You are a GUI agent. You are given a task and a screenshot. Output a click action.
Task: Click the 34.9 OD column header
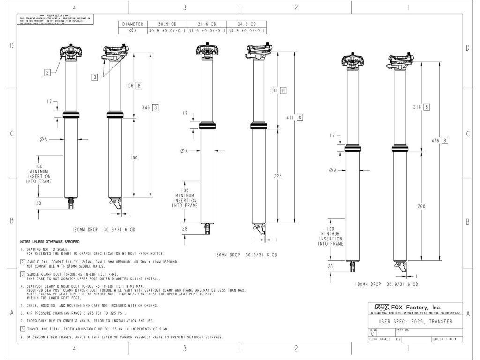click(x=247, y=23)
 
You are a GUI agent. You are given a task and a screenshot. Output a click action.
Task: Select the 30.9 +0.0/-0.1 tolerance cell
click(x=167, y=30)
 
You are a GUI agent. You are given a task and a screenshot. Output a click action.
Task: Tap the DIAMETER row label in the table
click(x=133, y=23)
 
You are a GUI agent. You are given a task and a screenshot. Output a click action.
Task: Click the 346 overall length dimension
click(x=146, y=107)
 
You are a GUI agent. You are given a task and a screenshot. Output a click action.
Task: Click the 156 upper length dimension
click(x=131, y=86)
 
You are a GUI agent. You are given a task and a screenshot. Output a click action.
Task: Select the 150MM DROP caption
click(x=225, y=255)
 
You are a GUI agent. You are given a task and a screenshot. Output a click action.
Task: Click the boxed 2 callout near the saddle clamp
click(x=47, y=72)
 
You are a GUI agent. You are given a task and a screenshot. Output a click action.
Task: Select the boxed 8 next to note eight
click(x=23, y=329)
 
